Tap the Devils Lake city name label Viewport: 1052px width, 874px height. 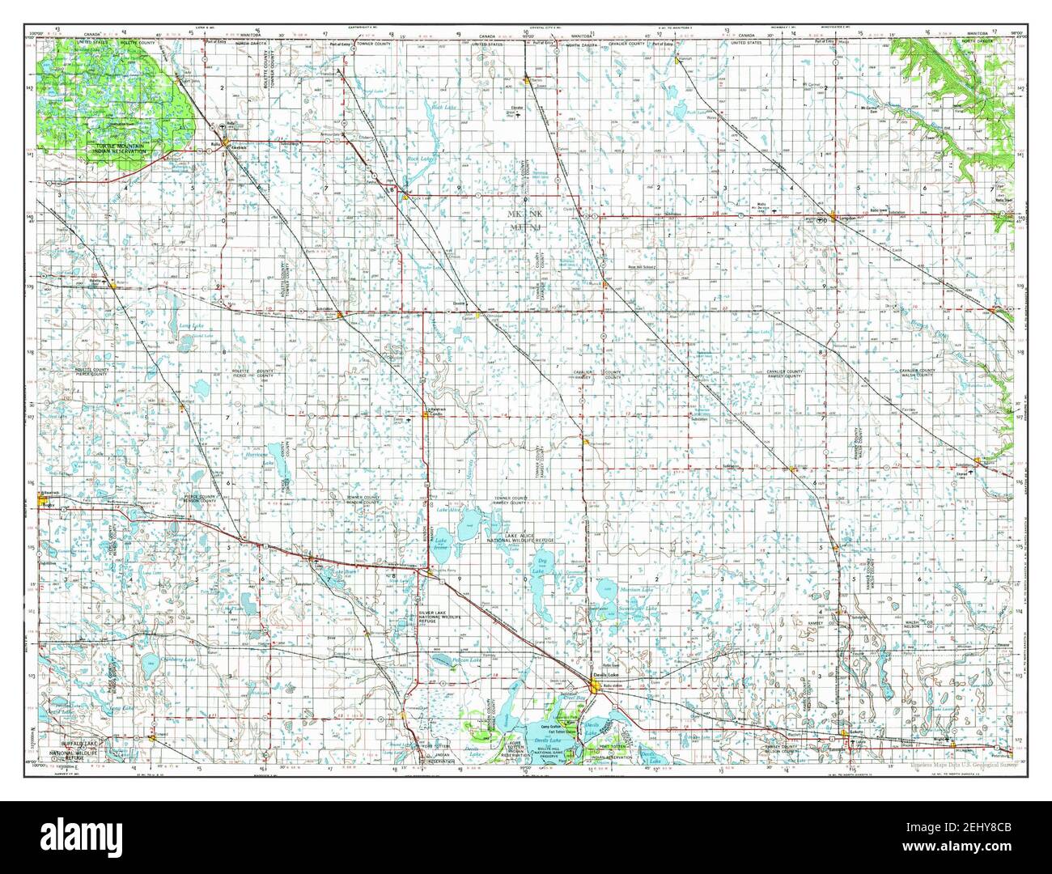coord(604,673)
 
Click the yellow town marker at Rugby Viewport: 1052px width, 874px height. coord(43,503)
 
